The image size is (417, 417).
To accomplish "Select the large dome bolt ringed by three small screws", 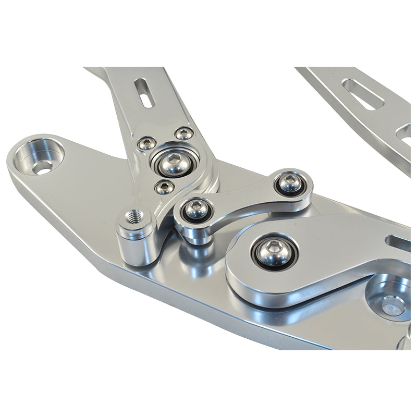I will pyautogui.click(x=173, y=163).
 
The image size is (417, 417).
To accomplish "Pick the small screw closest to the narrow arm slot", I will pyautogui.click(x=184, y=133).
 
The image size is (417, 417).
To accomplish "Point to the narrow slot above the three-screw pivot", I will pyautogui.click(x=144, y=92).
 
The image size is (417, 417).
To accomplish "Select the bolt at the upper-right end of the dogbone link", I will pyautogui.click(x=290, y=182).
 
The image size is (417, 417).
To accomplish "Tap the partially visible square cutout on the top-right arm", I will pyautogui.click(x=404, y=136).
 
